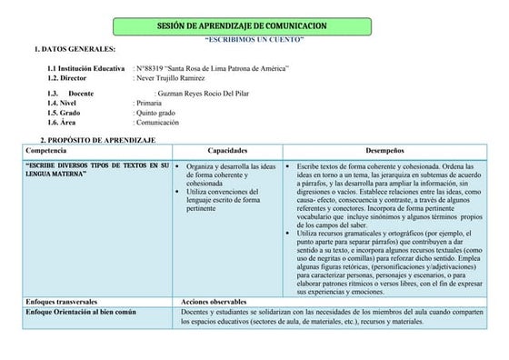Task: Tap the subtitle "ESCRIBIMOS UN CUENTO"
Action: [x=254, y=41]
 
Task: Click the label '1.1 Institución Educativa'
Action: [x=86, y=69]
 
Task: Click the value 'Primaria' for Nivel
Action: [x=148, y=104]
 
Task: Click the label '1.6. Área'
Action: [x=62, y=122]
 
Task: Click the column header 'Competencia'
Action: [x=47, y=149]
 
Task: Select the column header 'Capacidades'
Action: [x=228, y=149]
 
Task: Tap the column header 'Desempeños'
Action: [x=384, y=149]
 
